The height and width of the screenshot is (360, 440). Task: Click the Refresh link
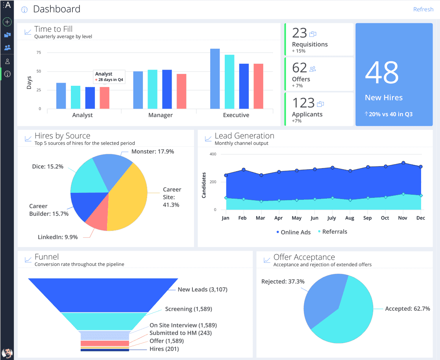point(423,9)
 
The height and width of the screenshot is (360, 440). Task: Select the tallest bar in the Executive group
point(215,79)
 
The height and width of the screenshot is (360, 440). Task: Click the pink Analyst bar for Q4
point(104,98)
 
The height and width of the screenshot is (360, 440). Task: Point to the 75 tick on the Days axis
point(39,52)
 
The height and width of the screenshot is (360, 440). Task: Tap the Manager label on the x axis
point(160,115)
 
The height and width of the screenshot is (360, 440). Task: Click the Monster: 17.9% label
point(153,151)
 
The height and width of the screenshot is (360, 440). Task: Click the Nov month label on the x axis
point(403,218)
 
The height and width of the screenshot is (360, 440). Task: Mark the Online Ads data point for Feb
point(244,170)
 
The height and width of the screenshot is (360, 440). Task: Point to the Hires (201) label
point(164,349)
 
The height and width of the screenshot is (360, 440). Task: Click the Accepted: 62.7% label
point(407,309)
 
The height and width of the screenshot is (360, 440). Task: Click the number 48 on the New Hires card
point(382,72)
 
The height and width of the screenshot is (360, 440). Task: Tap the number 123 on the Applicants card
point(303,103)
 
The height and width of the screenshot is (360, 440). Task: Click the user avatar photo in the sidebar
point(7,353)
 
